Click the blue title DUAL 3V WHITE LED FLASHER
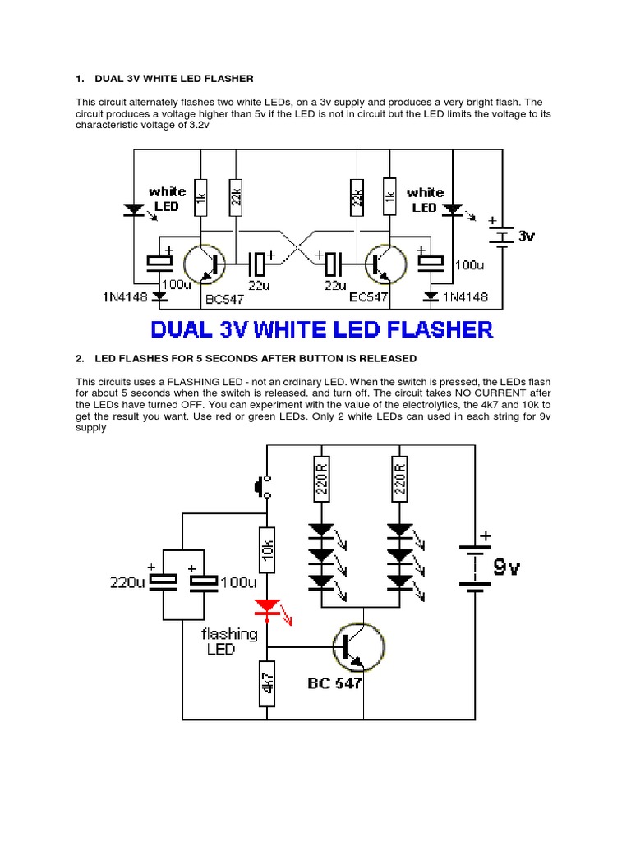[322, 330]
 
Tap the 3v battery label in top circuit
[527, 236]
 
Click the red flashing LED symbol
[266, 608]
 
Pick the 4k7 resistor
[266, 682]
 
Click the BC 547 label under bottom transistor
[334, 682]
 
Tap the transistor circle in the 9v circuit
[357, 646]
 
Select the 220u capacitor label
[127, 582]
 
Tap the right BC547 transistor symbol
[385, 264]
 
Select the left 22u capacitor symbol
[260, 264]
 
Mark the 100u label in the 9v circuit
[240, 582]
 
